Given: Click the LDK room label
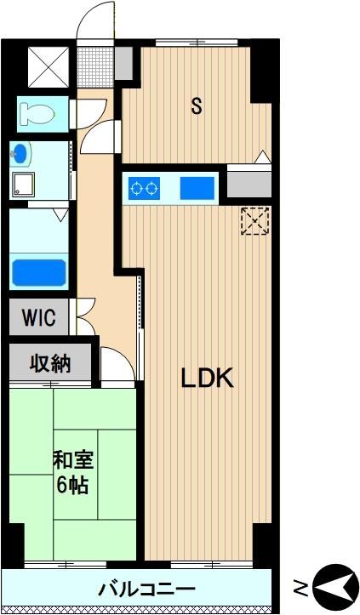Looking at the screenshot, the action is (207, 378).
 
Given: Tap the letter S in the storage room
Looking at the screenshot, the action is (197, 105).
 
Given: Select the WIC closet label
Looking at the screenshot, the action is (39, 317).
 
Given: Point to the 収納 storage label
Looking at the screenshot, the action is (51, 364).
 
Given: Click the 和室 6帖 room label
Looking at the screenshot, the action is (73, 473).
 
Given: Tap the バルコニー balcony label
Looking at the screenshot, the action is (147, 589).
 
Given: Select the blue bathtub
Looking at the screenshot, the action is (38, 272).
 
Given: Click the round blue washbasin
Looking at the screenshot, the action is (20, 155).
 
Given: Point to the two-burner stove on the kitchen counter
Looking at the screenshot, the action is (144, 188).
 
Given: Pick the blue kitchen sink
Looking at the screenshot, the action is (197, 188).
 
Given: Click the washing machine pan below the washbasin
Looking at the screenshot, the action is (23, 185).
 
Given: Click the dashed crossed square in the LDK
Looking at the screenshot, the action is (254, 221).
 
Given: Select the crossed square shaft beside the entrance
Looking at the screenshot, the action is (49, 67).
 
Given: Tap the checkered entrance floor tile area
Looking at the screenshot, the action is (95, 67).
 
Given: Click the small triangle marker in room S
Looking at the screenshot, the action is (263, 157).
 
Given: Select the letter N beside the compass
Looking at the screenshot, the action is (301, 589).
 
